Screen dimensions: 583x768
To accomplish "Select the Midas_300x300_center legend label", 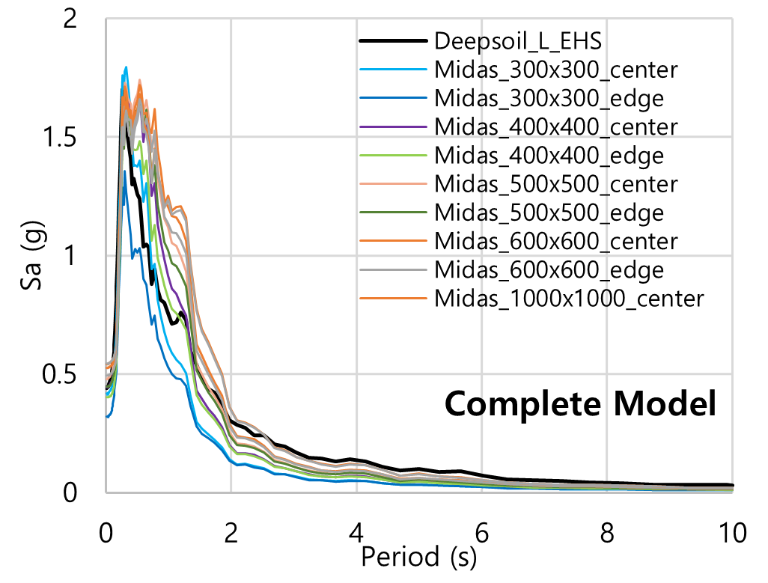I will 555,70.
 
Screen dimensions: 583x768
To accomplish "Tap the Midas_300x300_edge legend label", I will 548,98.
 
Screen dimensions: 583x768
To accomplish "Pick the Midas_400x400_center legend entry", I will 555,126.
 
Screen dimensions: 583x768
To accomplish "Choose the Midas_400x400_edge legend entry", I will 548,156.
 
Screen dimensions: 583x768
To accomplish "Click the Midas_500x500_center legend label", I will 555,184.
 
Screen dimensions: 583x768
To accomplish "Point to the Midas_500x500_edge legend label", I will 548,213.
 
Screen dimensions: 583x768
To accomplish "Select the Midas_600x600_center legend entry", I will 555,241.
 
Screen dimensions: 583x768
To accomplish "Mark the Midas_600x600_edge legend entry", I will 548,269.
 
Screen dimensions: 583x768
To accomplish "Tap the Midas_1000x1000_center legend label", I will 569,299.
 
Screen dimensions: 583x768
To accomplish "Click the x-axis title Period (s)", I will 418,557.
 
